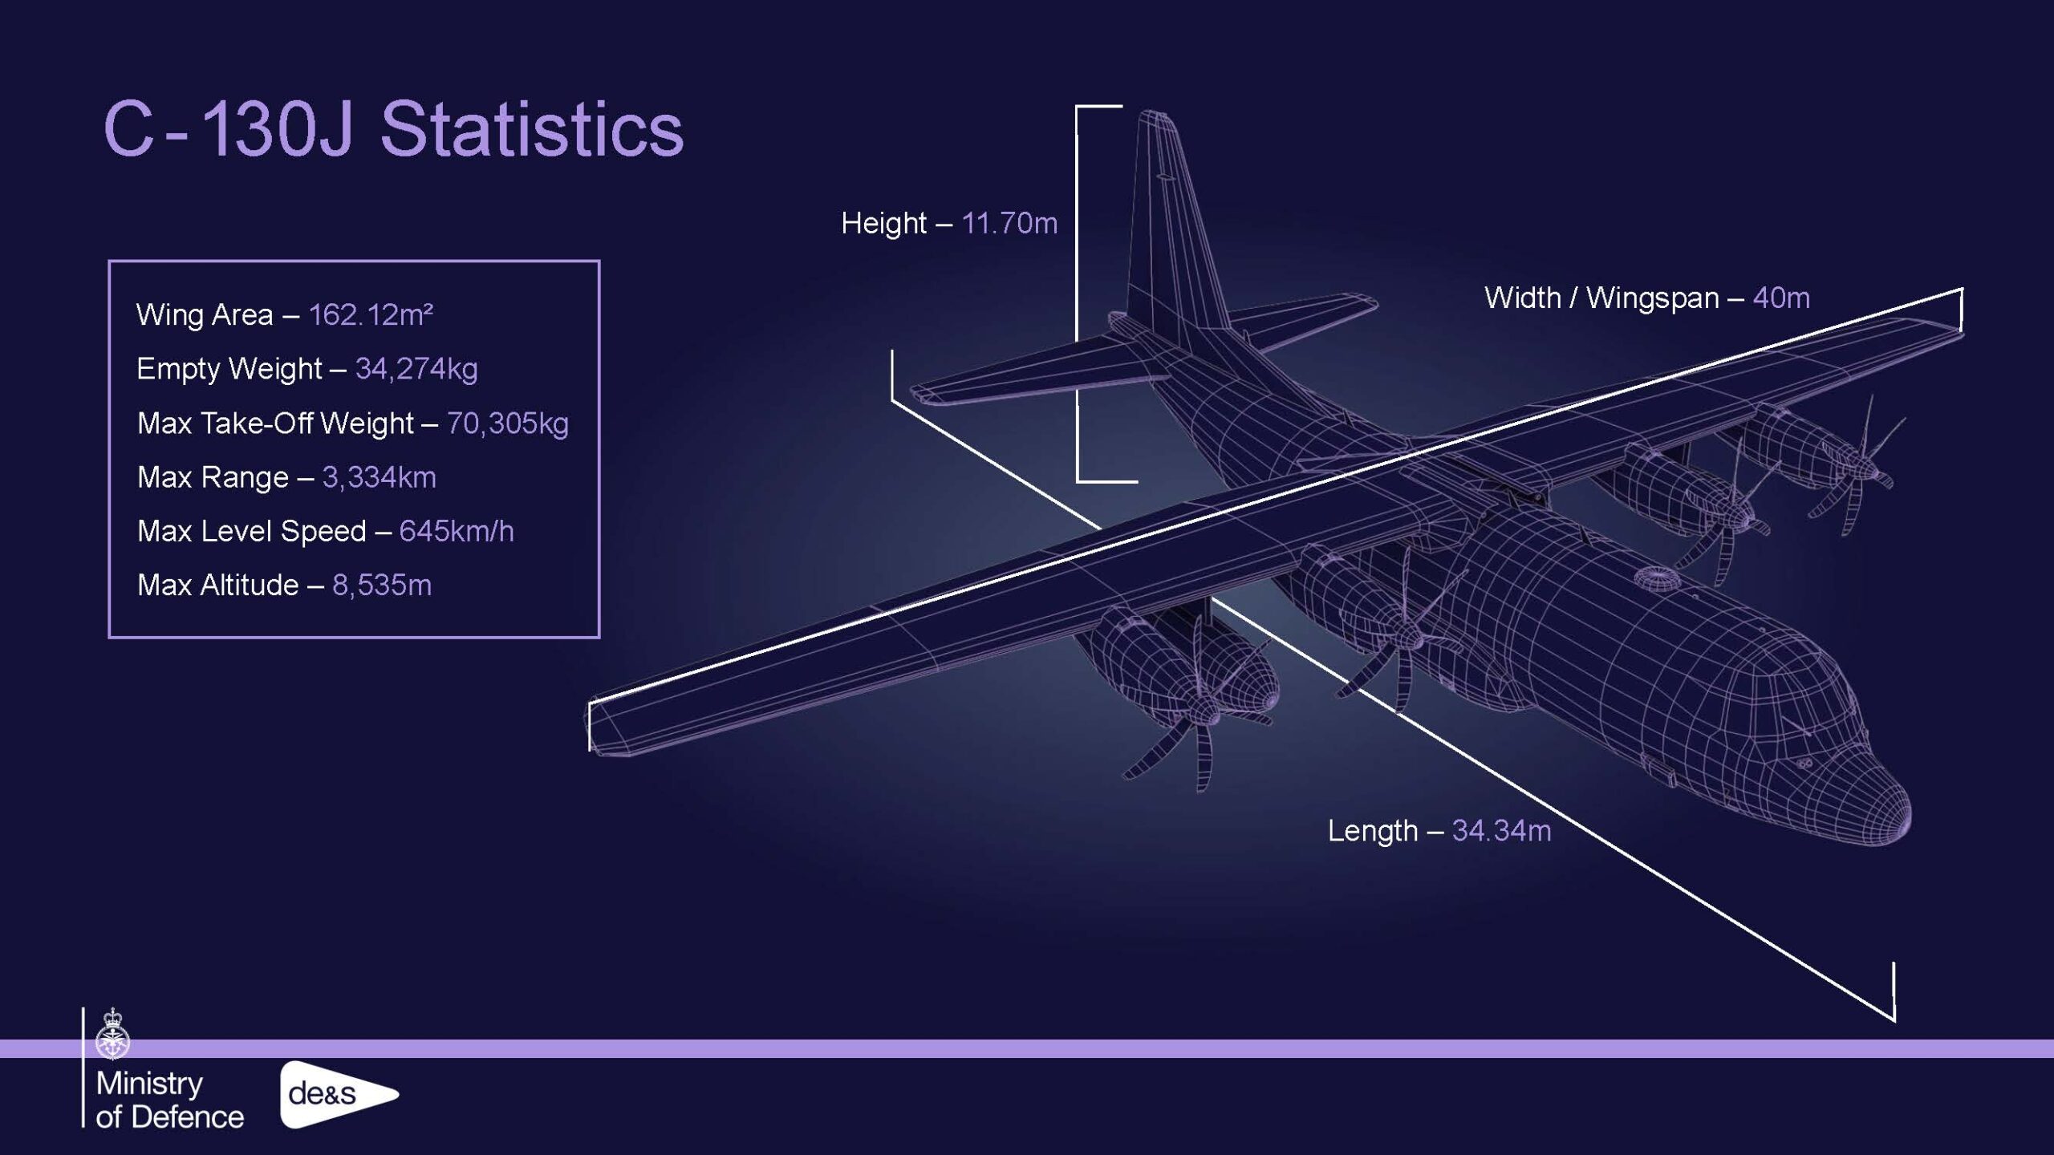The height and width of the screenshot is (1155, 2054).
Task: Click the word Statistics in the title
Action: [x=531, y=129]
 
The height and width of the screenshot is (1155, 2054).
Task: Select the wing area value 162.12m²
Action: [x=371, y=314]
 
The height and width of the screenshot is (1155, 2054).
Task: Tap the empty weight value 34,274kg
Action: [x=416, y=369]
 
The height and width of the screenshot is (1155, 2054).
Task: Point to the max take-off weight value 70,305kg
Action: [x=507, y=423]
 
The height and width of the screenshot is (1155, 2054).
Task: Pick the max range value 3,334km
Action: [x=379, y=477]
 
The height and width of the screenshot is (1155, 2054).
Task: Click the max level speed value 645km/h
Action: [x=457, y=531]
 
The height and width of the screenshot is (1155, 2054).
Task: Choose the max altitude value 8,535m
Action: [x=382, y=586]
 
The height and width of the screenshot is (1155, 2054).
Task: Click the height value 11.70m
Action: [x=1009, y=223]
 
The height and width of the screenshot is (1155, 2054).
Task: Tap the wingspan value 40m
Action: [x=1781, y=298]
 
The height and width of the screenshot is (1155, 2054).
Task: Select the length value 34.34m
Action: [x=1501, y=831]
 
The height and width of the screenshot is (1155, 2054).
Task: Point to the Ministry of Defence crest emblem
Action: [x=113, y=1034]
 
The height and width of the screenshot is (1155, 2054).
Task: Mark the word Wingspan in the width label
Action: [x=1652, y=298]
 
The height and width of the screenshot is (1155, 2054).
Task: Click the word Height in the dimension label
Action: [x=883, y=223]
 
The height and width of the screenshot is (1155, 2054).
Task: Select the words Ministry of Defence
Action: [x=169, y=1100]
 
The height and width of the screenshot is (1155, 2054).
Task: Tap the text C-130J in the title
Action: [x=228, y=129]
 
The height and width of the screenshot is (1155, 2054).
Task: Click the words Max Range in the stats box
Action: [x=213, y=477]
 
